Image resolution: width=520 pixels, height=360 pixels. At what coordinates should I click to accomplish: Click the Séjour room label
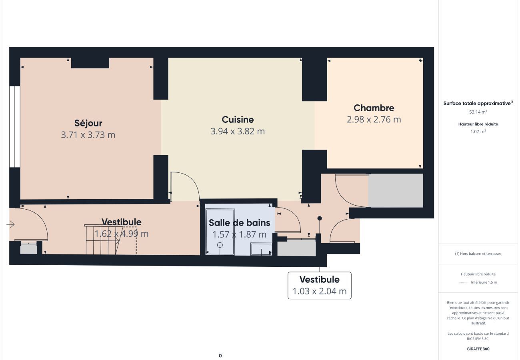click(x=88, y=123)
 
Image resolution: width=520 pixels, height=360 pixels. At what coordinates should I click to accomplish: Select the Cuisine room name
click(x=238, y=120)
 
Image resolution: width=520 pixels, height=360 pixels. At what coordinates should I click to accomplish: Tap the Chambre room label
click(x=374, y=108)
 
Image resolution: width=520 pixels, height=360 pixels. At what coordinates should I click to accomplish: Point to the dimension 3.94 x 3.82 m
click(x=238, y=131)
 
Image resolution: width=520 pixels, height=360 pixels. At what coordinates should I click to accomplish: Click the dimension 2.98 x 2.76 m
click(x=374, y=120)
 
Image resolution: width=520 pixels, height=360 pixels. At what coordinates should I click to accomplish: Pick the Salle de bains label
click(x=239, y=223)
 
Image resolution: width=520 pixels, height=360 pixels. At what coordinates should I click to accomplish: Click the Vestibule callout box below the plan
click(x=320, y=286)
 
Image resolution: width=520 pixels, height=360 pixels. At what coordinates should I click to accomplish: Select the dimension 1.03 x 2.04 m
click(x=320, y=291)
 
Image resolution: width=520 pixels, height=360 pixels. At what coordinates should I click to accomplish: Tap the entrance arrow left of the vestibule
click(x=10, y=224)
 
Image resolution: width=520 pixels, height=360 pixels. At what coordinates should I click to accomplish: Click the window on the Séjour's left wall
click(x=15, y=126)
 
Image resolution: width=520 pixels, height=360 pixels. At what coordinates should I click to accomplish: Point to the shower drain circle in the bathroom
click(x=220, y=245)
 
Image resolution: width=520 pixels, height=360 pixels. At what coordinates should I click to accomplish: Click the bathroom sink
click(x=261, y=249)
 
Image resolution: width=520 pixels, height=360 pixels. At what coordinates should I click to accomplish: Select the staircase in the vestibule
click(x=102, y=240)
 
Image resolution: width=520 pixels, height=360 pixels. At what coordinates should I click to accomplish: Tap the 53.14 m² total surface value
click(x=478, y=112)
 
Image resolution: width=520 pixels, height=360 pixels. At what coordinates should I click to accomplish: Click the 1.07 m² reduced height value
click(x=478, y=132)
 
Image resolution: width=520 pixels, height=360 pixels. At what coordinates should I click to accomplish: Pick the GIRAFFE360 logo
click(x=478, y=349)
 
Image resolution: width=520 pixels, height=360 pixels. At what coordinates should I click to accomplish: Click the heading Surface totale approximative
click(x=477, y=104)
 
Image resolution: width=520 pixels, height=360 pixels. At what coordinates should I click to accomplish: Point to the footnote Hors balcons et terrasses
click(x=478, y=254)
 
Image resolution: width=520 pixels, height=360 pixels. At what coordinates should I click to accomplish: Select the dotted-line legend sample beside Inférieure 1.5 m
click(x=463, y=282)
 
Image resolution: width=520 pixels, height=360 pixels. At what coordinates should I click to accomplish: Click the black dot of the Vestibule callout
click(x=320, y=218)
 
